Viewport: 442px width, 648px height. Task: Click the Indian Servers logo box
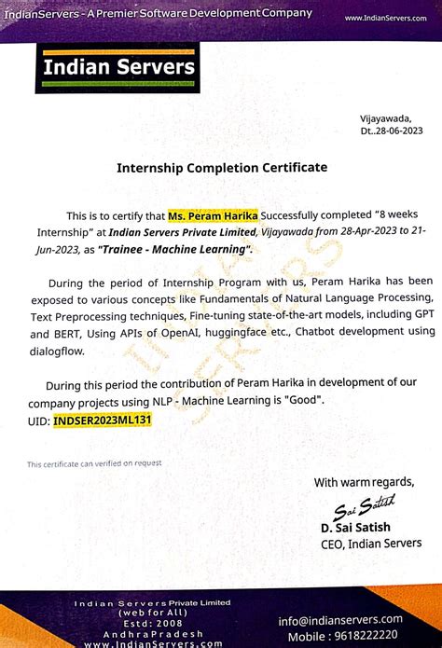tap(117, 68)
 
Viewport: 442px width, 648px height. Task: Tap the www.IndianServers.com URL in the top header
tap(384, 18)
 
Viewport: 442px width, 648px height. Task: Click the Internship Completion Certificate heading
tap(221, 168)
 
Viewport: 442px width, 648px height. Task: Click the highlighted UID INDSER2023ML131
tap(102, 421)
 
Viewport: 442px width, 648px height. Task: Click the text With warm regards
tap(363, 482)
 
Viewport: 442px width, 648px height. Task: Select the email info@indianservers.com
tap(339, 619)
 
